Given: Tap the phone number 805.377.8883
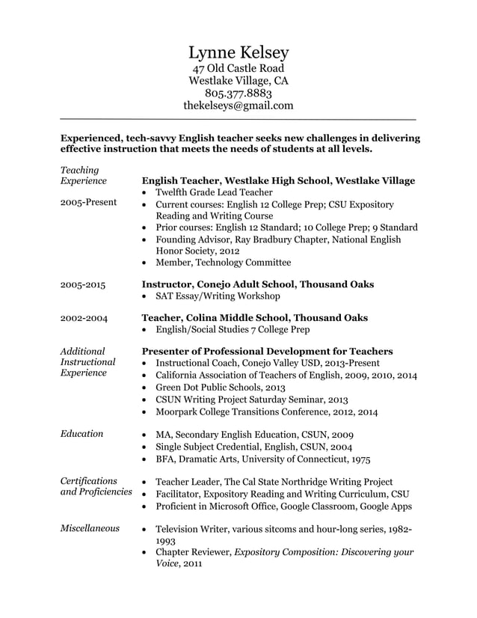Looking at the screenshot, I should [238, 94].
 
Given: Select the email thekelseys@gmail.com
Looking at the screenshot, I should [238, 106].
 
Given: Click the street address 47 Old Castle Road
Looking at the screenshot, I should [238, 68].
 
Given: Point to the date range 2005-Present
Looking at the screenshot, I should [88, 203].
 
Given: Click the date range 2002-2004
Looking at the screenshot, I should [84, 318].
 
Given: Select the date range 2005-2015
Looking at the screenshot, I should [84, 285].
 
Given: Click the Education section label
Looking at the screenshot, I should [81, 433].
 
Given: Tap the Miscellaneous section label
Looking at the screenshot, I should [90, 528].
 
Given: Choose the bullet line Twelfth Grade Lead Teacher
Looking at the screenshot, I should [215, 192].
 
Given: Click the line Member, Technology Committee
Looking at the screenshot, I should [223, 263].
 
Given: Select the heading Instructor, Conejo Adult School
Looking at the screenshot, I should [257, 284].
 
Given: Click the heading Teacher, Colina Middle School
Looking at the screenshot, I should [254, 317].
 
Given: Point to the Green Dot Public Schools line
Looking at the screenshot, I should [220, 387].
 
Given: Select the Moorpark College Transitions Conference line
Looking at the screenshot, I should [265, 412].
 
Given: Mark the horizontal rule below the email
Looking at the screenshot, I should [238, 120].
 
